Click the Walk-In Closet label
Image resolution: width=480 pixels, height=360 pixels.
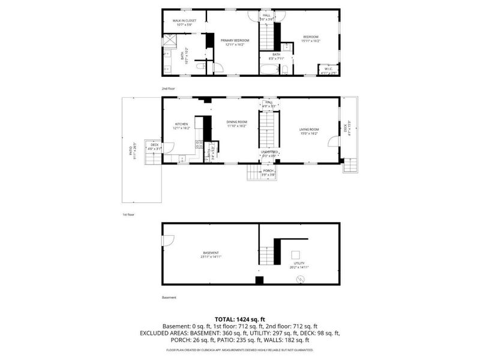click(x=184, y=20)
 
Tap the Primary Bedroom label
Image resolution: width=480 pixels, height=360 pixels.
click(x=235, y=40)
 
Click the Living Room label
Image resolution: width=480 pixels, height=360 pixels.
click(x=310, y=129)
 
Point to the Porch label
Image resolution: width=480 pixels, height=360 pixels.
click(x=269, y=170)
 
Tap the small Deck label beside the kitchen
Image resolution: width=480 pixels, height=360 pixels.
click(x=155, y=145)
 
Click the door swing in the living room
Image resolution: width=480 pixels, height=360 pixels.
click(x=332, y=142)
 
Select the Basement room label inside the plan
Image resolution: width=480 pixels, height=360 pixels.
click(x=211, y=253)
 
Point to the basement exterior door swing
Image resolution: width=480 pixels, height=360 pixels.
click(x=168, y=240)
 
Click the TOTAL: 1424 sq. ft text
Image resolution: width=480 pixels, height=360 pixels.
click(x=240, y=319)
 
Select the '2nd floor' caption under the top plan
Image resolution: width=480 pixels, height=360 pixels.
click(x=168, y=88)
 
